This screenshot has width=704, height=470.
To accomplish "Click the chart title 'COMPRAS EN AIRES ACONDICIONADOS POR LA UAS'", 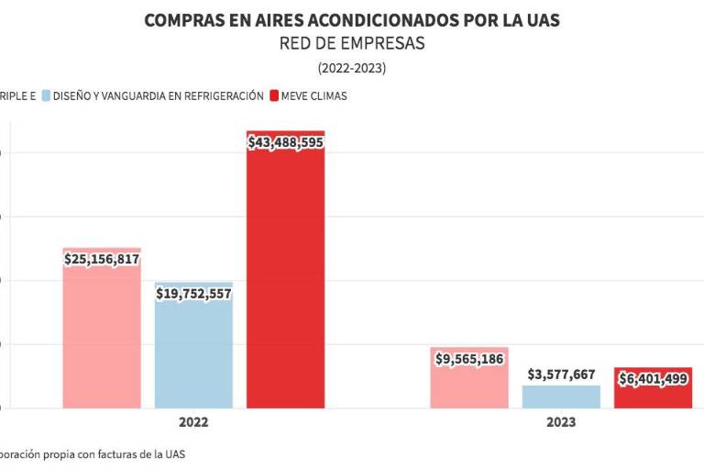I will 351,20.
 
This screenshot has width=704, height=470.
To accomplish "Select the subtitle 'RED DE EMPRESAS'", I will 351,43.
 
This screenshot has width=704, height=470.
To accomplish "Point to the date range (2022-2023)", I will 351,68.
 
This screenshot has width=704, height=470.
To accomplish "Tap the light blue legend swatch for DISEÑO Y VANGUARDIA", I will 46,95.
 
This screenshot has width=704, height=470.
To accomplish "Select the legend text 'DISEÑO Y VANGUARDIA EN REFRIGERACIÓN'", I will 159,95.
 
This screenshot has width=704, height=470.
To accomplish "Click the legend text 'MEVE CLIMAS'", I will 314,95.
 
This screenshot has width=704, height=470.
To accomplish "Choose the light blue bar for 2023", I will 561,397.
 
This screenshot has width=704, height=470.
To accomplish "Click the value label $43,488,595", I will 285,142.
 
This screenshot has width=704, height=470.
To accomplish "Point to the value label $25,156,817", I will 102,260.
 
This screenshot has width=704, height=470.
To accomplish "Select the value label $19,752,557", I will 193,295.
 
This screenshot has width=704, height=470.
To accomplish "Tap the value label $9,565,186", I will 469,359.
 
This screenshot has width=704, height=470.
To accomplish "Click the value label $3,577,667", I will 561,375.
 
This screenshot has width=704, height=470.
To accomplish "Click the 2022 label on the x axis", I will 193,423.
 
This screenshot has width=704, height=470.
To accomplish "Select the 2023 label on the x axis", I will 561,423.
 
